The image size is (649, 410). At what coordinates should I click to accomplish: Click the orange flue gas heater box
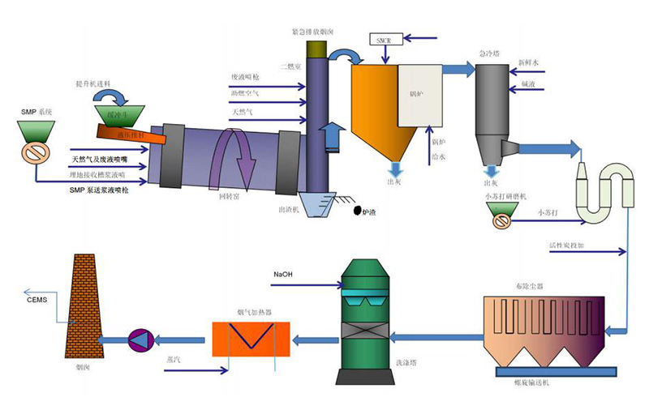pos(250,338)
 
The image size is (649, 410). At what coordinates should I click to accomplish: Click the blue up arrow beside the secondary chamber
pos(330,135)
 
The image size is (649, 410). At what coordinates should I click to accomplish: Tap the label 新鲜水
pos(528,62)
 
